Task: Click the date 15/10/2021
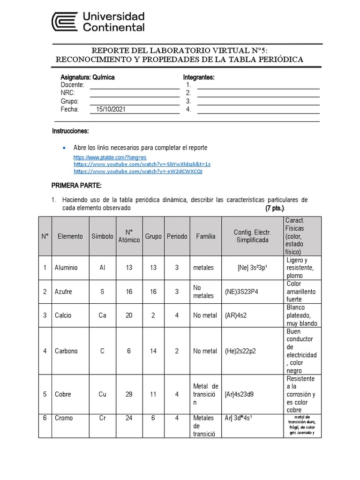(x=111, y=109)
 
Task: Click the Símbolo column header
(x=102, y=236)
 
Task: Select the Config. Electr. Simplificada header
(x=252, y=236)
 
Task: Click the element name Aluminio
(x=66, y=268)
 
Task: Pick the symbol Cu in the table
(x=102, y=394)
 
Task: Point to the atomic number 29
(x=129, y=394)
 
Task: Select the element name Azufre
(x=64, y=292)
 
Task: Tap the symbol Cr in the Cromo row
(x=102, y=418)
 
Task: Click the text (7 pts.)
(x=275, y=208)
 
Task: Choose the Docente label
(x=72, y=85)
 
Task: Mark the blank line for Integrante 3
(x=258, y=101)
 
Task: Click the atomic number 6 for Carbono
(x=129, y=351)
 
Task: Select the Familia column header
(x=206, y=236)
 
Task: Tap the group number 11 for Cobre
(x=153, y=394)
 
